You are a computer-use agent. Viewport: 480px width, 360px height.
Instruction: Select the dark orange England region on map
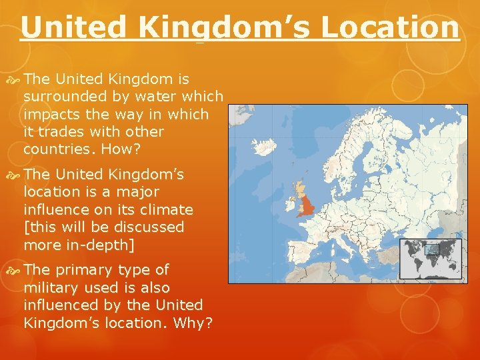click(307, 204)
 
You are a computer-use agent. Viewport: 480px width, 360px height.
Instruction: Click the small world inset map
click(430, 258)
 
